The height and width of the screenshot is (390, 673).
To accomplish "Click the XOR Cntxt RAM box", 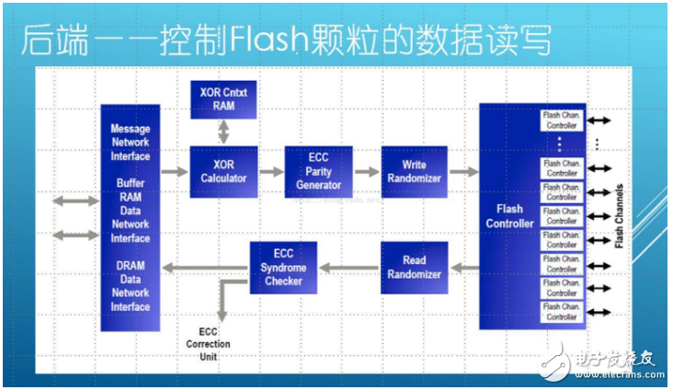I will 223,98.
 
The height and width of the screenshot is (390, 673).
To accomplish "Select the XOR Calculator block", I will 223,171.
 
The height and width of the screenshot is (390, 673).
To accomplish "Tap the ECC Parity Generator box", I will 318,171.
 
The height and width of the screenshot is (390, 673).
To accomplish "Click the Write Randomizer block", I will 414,171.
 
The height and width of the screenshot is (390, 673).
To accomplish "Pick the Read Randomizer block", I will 414,268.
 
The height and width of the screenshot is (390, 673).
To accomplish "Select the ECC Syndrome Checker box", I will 283,268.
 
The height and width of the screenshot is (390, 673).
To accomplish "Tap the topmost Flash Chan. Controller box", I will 561,120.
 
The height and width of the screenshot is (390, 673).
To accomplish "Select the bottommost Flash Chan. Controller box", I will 561,312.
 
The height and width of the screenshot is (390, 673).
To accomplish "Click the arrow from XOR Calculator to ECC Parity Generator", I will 271,171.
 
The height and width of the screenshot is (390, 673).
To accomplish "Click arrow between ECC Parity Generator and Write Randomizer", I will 367,171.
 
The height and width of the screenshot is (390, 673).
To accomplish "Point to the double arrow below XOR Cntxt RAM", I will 223,131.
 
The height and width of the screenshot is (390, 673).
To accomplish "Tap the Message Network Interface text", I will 130,143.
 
